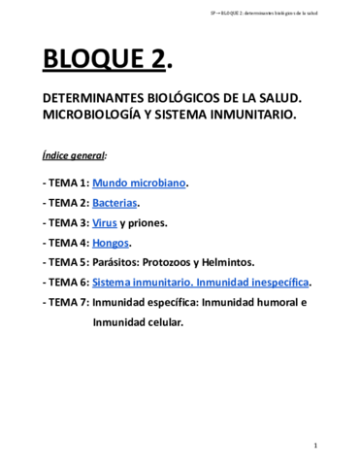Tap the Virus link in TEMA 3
click(104, 221)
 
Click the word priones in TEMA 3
click(148, 221)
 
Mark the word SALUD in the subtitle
click(277, 100)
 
